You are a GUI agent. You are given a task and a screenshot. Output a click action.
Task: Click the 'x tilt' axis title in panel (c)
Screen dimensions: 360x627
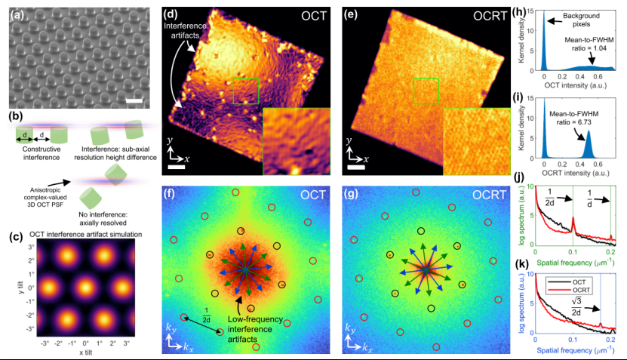(78, 355)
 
